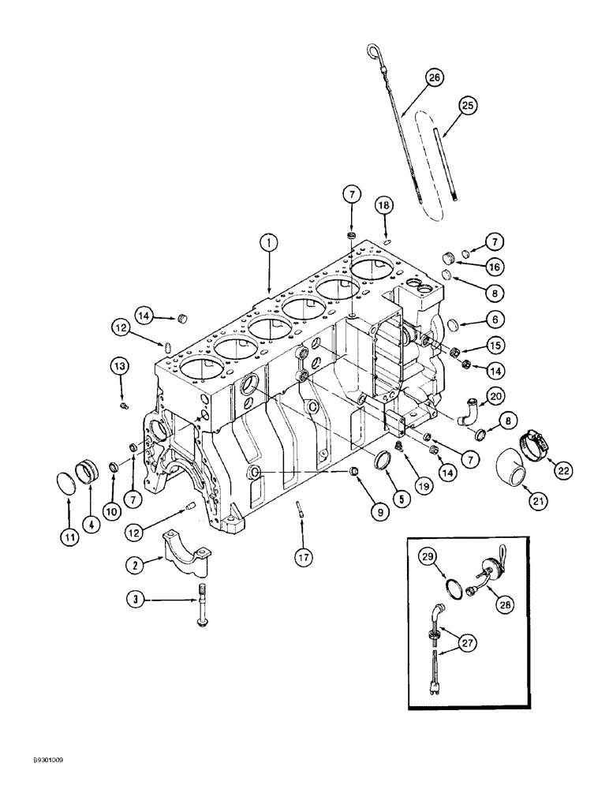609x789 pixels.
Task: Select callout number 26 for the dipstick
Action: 433,77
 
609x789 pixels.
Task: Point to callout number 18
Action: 383,206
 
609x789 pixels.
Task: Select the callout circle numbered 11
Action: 69,538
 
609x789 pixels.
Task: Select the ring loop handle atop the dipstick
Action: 372,52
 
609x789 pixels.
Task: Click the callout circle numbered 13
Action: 118,366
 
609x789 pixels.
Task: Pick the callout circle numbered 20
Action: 495,396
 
